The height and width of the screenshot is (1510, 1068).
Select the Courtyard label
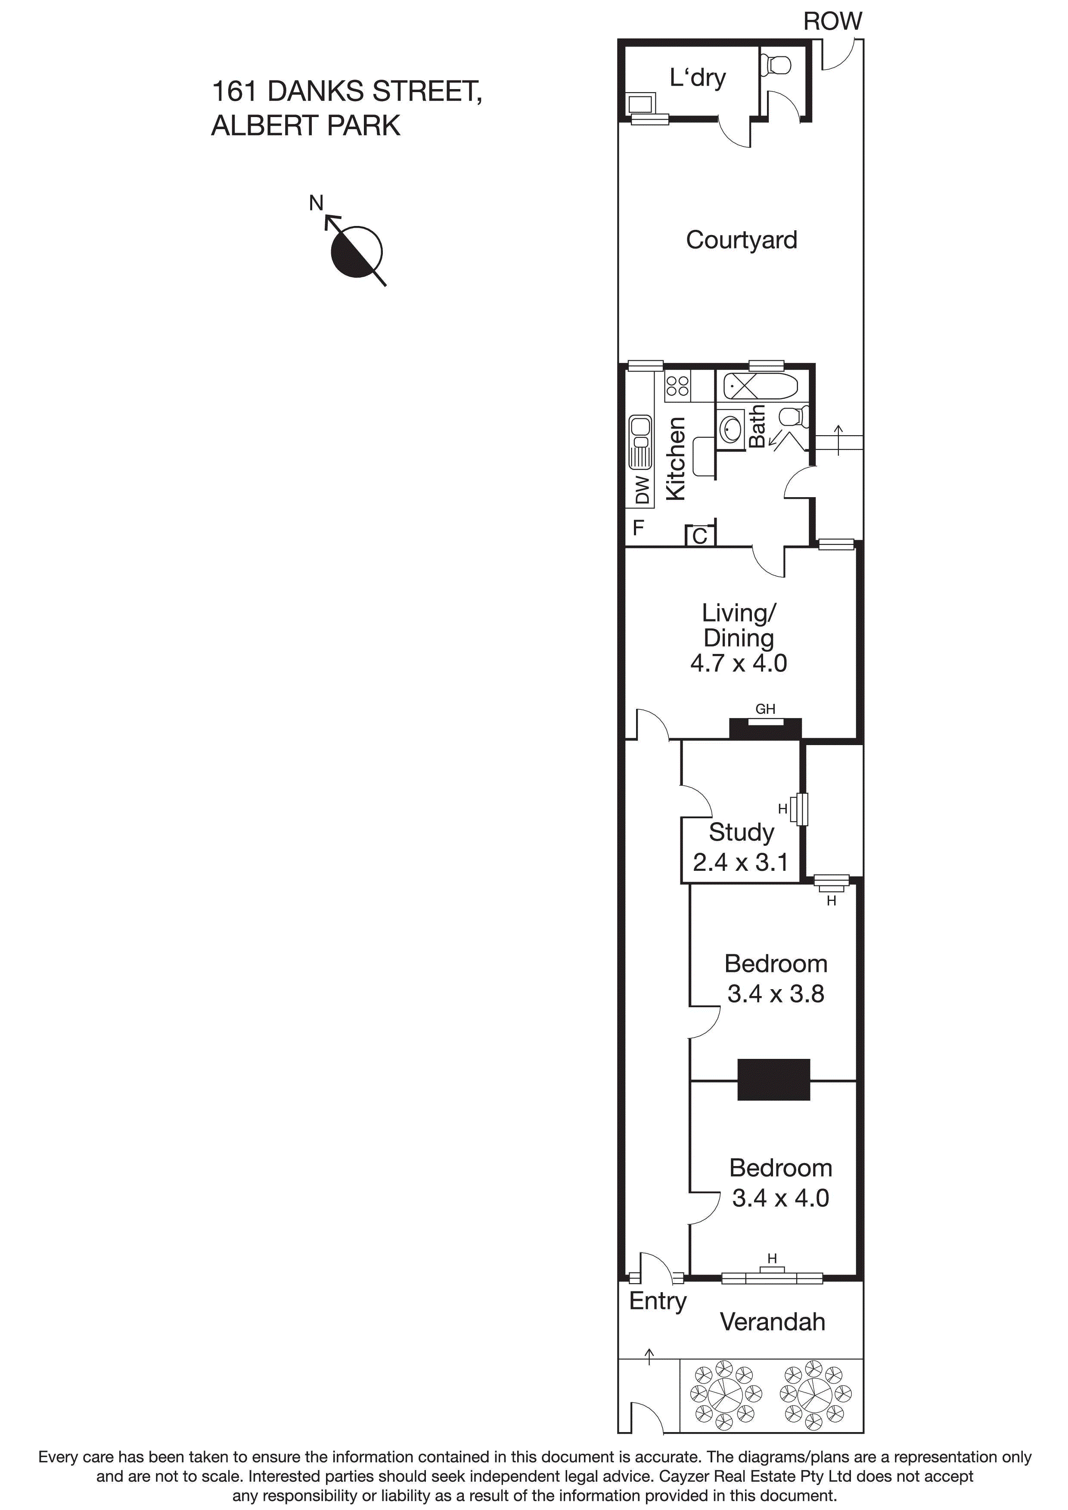pos(741,240)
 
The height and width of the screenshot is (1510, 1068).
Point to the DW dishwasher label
pos(642,489)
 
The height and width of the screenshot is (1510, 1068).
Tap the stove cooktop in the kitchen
pos(677,386)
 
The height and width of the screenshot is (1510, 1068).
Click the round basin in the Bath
pos(730,430)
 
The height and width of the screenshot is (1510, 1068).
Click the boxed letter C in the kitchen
pos(699,537)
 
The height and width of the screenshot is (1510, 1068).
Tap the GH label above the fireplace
pos(765,709)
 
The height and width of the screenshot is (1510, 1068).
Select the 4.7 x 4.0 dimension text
pos(738,663)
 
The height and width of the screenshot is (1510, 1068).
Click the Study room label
pos(741,832)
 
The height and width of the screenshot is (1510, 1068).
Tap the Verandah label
pos(773,1322)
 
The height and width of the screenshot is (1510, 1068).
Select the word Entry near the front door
pos(658,1301)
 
